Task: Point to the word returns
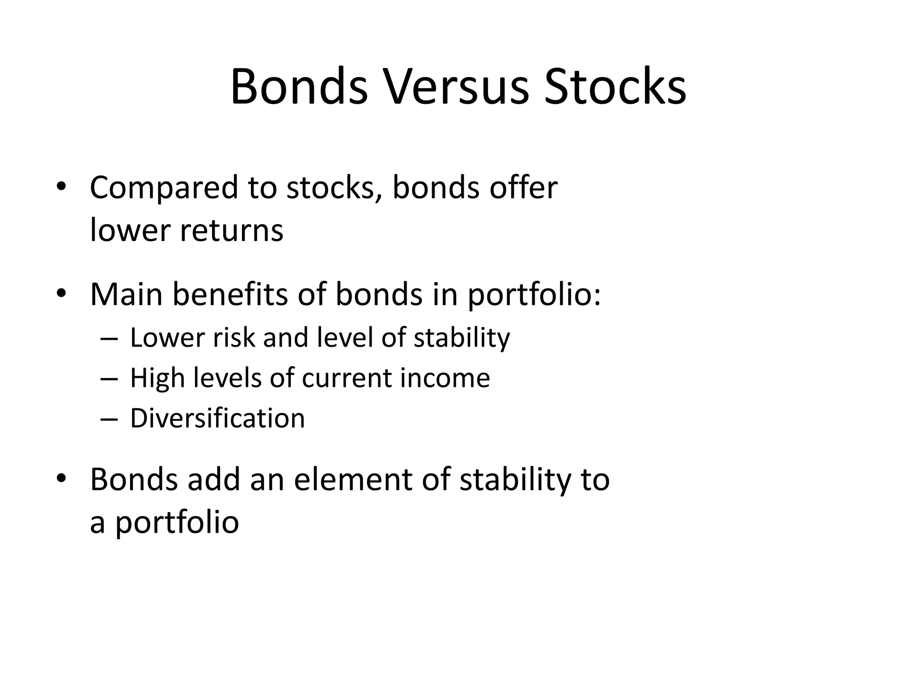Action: pos(231,231)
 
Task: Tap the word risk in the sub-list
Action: pos(233,337)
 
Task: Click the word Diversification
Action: pos(217,419)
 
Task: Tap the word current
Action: pos(346,378)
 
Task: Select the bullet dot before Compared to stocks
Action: pos(61,187)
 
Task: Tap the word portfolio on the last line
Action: pos(177,522)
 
